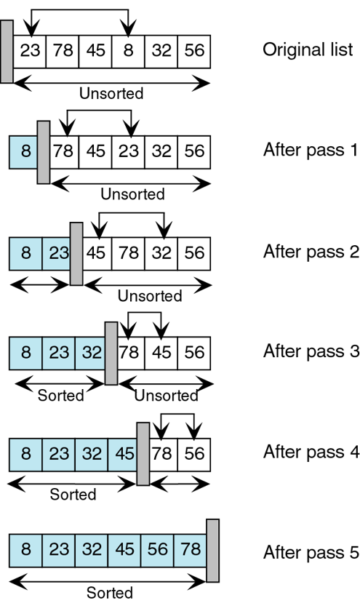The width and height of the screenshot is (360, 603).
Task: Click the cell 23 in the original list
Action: [x=30, y=52]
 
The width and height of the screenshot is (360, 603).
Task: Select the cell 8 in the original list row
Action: [x=128, y=52]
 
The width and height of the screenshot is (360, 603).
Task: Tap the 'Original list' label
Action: [x=308, y=50]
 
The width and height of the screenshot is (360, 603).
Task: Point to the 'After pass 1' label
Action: [x=311, y=151]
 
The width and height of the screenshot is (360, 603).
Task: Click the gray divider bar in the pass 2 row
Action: [x=76, y=252]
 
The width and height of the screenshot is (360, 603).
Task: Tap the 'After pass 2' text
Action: [x=311, y=252]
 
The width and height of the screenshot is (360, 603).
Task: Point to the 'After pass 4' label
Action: [x=311, y=452]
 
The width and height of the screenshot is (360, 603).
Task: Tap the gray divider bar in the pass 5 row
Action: [x=213, y=551]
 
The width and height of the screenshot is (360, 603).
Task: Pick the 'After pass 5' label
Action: [x=311, y=551]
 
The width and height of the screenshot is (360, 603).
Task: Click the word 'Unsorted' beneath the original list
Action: [x=111, y=93]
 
